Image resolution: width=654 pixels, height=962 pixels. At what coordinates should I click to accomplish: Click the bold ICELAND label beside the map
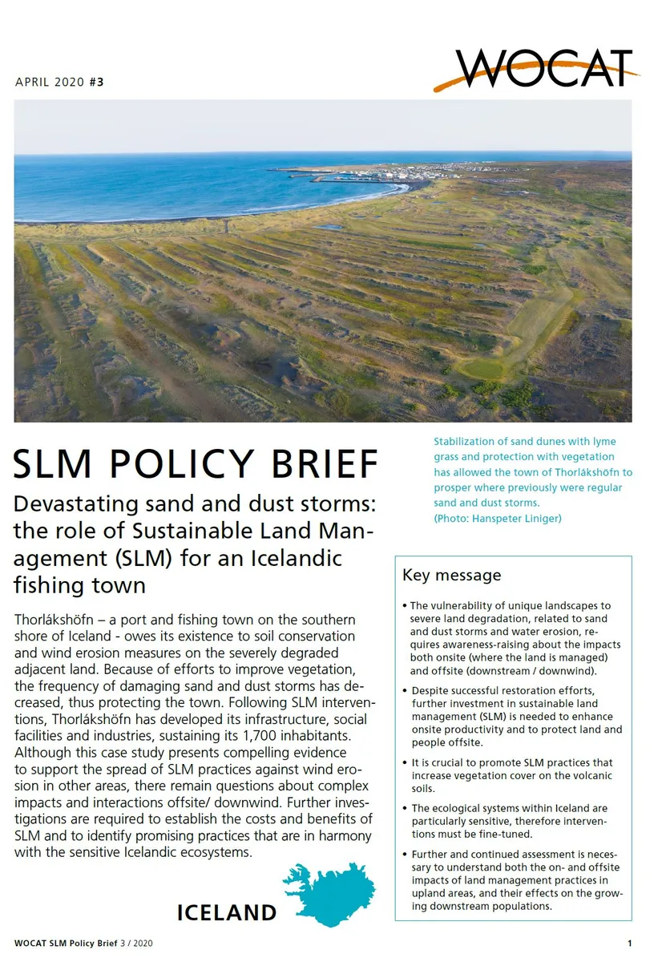(x=227, y=912)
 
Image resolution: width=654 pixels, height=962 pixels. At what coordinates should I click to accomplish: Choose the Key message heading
(x=451, y=575)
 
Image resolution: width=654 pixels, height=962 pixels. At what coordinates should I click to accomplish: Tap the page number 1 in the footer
(x=629, y=943)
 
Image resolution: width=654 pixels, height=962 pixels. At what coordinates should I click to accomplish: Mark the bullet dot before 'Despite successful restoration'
(x=406, y=690)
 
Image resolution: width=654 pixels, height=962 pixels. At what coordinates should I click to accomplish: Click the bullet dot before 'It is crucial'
(x=406, y=763)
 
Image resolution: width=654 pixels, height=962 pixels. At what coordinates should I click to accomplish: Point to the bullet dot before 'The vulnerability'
(x=406, y=606)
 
